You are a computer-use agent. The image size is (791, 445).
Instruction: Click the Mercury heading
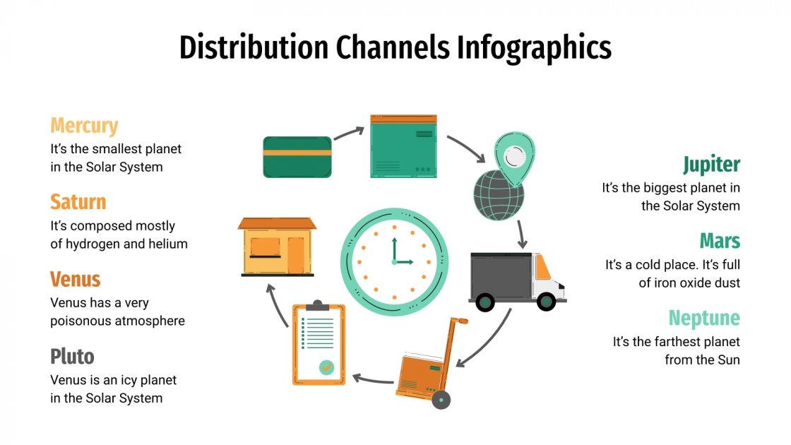point(84,126)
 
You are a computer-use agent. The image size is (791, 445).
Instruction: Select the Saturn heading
point(78,202)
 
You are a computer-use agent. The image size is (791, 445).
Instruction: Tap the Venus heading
point(76,279)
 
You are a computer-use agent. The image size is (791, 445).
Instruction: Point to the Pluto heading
point(72,356)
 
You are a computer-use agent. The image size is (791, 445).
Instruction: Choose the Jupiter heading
point(711,165)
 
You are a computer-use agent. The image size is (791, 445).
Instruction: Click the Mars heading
point(720,241)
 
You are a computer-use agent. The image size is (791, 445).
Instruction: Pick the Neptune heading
point(704,318)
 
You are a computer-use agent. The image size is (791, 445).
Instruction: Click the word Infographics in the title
point(534,48)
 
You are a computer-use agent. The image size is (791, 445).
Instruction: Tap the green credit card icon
point(297,157)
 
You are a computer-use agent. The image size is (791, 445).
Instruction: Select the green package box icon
point(403,146)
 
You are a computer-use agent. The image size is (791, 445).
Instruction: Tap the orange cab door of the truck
point(542,267)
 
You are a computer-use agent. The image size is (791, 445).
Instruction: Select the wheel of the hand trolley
point(441,400)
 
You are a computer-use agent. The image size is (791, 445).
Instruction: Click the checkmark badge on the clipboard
point(326,367)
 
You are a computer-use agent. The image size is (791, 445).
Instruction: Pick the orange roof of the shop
point(277,223)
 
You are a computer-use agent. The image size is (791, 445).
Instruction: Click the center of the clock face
point(394,261)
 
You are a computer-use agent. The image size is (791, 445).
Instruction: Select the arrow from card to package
point(349,132)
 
